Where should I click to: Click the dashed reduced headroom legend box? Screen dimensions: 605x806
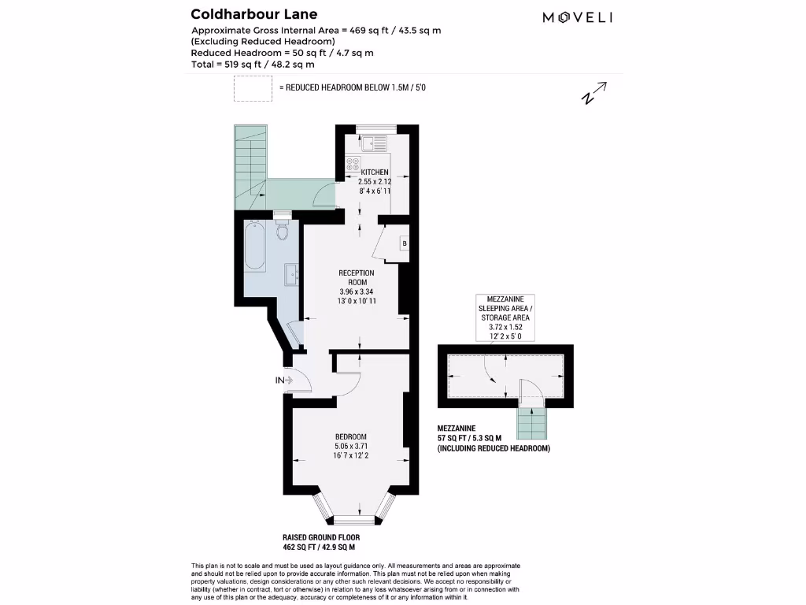(252, 88)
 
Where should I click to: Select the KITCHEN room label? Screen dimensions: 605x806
(375, 172)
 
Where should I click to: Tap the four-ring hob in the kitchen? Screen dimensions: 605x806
(353, 166)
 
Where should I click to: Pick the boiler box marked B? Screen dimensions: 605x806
(405, 243)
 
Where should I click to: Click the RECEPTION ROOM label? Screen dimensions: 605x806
(357, 277)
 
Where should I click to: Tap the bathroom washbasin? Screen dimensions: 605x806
(291, 275)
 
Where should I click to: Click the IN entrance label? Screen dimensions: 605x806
(279, 380)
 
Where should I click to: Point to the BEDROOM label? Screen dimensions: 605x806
(350, 437)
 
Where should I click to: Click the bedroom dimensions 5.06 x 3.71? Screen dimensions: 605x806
(350, 447)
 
